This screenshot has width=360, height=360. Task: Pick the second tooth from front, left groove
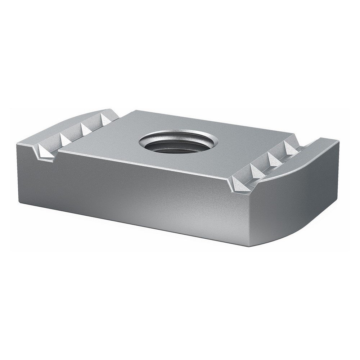pyautogui.click(x=67, y=139)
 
